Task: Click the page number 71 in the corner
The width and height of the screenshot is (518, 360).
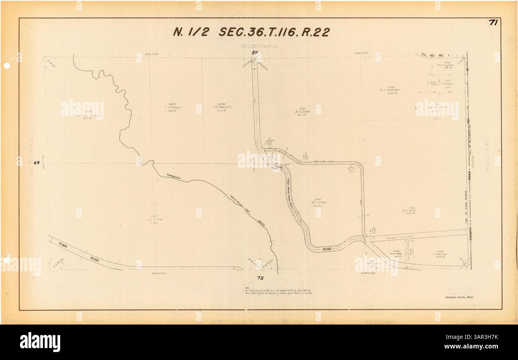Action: coord(493,23)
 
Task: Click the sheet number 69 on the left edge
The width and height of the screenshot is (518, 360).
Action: coord(37,163)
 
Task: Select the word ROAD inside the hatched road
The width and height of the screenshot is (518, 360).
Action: coord(327,249)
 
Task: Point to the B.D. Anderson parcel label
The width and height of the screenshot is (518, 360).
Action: coord(390,90)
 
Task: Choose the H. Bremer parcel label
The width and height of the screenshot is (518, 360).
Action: coord(438,254)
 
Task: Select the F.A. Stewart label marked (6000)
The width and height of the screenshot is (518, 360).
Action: coord(222,107)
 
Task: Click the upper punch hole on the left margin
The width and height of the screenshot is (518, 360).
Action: coord(7,66)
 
